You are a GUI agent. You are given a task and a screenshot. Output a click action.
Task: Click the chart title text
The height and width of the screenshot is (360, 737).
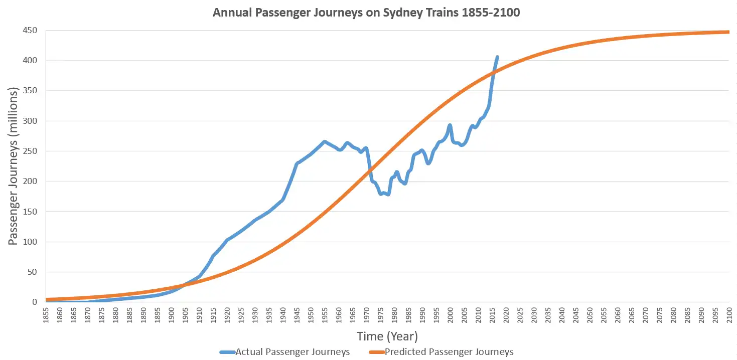click(366, 13)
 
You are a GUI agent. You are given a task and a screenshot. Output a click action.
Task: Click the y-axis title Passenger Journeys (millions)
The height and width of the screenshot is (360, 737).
click(14, 166)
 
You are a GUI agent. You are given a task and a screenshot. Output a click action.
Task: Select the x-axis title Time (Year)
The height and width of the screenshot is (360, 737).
click(387, 336)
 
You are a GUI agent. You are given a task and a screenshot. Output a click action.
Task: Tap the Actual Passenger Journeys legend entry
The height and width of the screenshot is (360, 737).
click(284, 352)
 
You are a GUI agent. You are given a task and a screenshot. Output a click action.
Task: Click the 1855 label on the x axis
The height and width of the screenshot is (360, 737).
click(47, 315)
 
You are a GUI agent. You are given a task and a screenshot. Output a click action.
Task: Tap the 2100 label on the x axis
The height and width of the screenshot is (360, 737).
click(728, 315)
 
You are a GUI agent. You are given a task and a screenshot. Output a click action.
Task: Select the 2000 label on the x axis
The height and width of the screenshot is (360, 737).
click(450, 315)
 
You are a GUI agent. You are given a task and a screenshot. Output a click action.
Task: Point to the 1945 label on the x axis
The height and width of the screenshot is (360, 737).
click(297, 315)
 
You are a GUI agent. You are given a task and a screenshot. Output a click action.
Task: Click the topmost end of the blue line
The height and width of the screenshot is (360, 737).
click(497, 57)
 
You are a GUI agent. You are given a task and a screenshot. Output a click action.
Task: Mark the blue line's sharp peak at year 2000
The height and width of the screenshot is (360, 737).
click(450, 125)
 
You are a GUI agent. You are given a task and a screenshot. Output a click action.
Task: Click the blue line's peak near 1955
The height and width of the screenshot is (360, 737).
click(325, 142)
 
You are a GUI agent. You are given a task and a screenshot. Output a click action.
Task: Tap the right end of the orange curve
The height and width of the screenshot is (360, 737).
click(728, 32)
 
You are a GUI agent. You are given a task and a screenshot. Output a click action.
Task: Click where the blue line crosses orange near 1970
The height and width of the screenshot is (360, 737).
click(369, 171)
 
